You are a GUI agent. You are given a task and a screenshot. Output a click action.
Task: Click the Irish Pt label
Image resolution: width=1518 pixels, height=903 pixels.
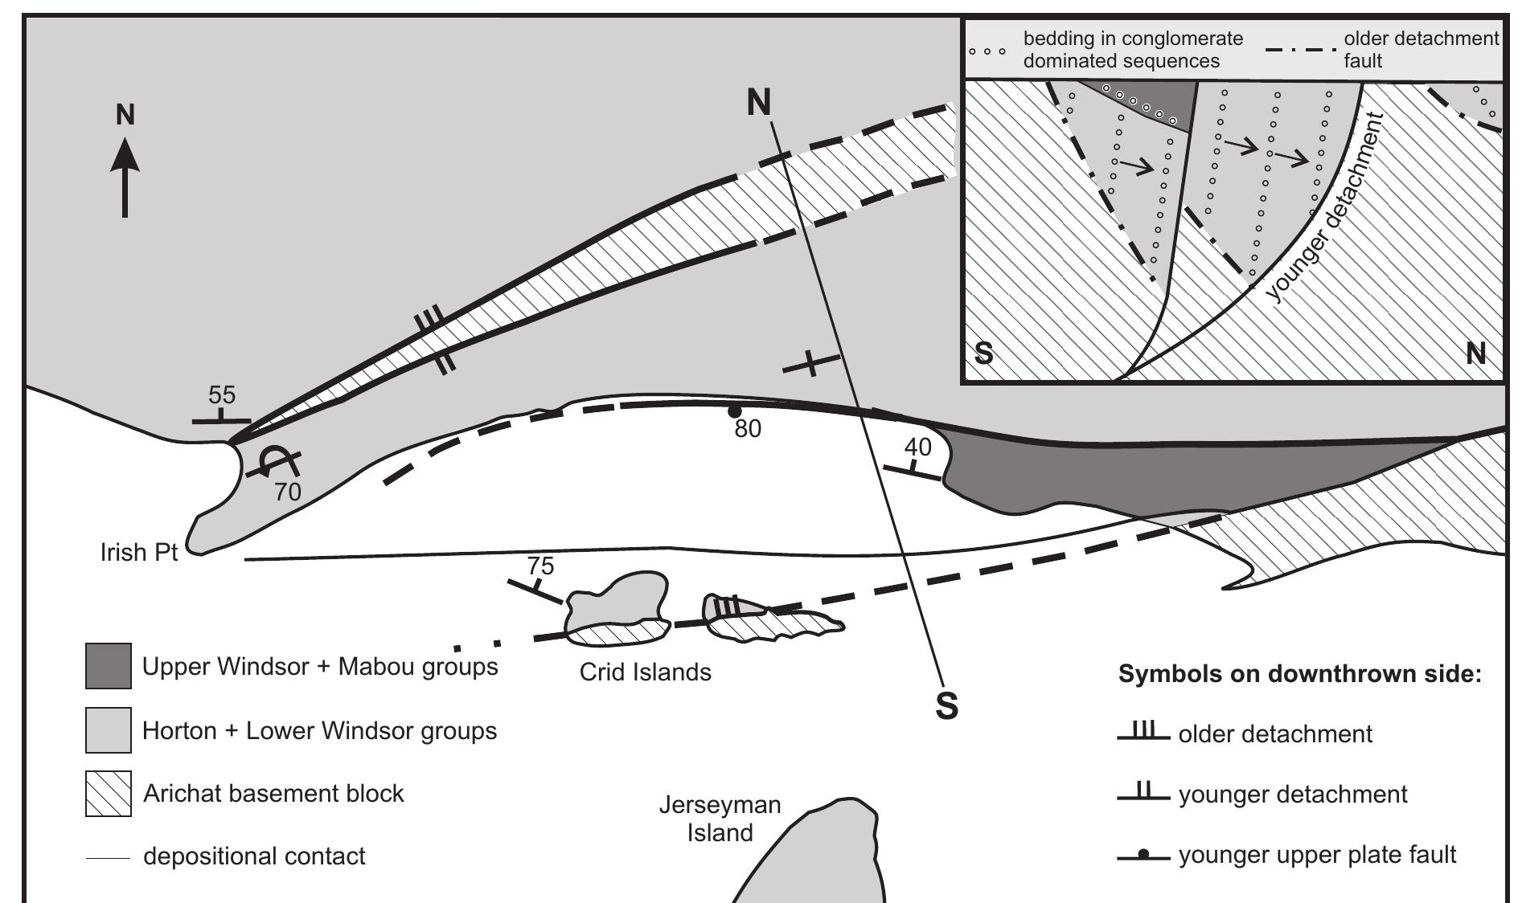pyautogui.click(x=138, y=553)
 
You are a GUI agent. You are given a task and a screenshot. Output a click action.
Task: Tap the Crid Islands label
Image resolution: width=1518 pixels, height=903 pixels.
pyautogui.click(x=645, y=672)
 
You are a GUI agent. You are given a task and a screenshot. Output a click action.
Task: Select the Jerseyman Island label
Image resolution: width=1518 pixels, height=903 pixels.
pyautogui.click(x=720, y=818)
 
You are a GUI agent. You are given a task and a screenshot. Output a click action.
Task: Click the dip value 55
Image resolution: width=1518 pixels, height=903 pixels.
pyautogui.click(x=222, y=395)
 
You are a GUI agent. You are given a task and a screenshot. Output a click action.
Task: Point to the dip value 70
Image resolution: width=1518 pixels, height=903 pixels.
pyautogui.click(x=287, y=492)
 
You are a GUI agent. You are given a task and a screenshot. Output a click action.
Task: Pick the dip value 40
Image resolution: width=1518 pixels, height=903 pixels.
pyautogui.click(x=917, y=447)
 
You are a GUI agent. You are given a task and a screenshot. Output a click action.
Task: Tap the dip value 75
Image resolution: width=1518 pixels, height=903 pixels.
pyautogui.click(x=540, y=566)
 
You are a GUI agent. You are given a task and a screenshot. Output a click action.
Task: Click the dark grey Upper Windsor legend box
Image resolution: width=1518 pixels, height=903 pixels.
pyautogui.click(x=109, y=666)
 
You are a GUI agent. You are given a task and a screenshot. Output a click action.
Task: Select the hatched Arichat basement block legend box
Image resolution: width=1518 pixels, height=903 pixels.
pyautogui.click(x=109, y=794)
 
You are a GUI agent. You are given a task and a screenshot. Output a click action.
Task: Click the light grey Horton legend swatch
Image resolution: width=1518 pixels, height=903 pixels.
pyautogui.click(x=109, y=730)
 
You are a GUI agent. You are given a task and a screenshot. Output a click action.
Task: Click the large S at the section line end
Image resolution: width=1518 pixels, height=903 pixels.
pyautogui.click(x=947, y=705)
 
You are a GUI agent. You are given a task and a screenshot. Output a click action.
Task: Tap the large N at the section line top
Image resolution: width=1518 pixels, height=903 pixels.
pyautogui.click(x=758, y=102)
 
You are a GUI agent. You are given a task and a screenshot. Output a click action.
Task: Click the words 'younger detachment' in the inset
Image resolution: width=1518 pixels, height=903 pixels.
pyautogui.click(x=1327, y=209)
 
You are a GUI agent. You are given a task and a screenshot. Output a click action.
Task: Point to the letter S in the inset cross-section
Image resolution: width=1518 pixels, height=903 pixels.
pyautogui.click(x=983, y=353)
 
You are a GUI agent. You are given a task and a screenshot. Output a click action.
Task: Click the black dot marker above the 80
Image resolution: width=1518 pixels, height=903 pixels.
pyautogui.click(x=733, y=411)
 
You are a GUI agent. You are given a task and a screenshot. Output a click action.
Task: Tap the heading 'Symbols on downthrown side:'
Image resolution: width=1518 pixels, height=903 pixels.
pyautogui.click(x=1299, y=674)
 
